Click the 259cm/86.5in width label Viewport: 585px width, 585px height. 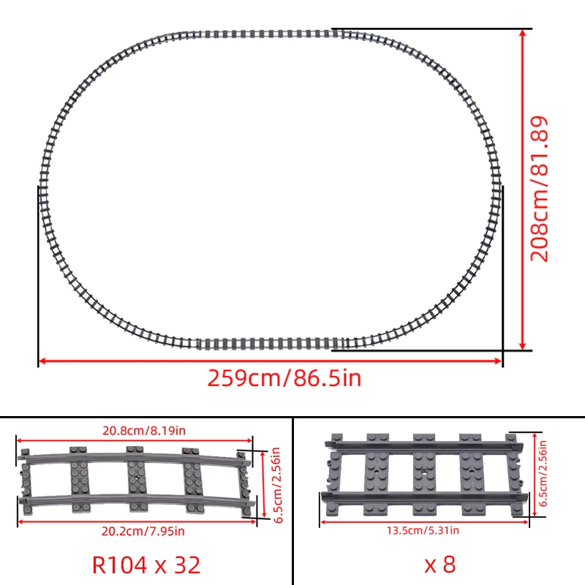(284, 379)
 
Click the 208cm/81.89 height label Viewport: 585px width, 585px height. (540, 189)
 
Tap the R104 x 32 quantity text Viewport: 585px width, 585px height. (146, 564)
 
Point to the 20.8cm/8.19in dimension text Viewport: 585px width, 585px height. (134, 431)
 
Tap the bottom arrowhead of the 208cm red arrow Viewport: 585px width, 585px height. (523, 345)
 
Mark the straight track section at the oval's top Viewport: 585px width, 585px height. (271, 34)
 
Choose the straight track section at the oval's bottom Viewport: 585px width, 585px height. (271, 344)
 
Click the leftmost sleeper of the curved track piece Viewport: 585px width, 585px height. (28, 479)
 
